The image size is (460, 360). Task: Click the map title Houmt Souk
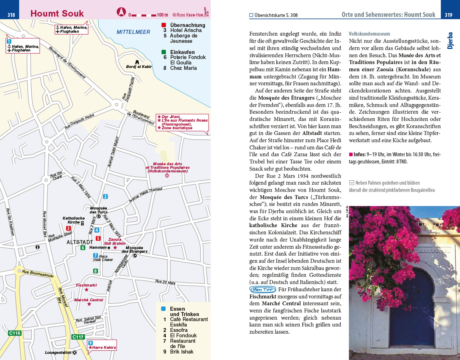57,14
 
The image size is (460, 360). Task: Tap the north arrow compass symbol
121,12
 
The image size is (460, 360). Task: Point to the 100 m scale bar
143,15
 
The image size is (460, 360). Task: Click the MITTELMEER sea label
133,32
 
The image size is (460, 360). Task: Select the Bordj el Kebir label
139,67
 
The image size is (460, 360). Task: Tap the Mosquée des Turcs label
98,210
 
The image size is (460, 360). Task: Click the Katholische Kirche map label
73,220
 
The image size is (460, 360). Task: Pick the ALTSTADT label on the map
80,242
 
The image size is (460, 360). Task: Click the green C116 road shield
15,333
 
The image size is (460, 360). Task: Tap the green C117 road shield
78,337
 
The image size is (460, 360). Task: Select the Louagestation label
58,352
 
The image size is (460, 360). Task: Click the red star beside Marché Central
89,304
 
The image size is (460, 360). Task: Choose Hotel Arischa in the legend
186,31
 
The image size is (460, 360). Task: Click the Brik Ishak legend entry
182,352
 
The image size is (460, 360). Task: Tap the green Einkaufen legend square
164,52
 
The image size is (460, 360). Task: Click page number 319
448,15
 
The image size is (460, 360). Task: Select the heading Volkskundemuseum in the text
369,34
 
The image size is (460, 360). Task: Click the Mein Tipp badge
262,289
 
